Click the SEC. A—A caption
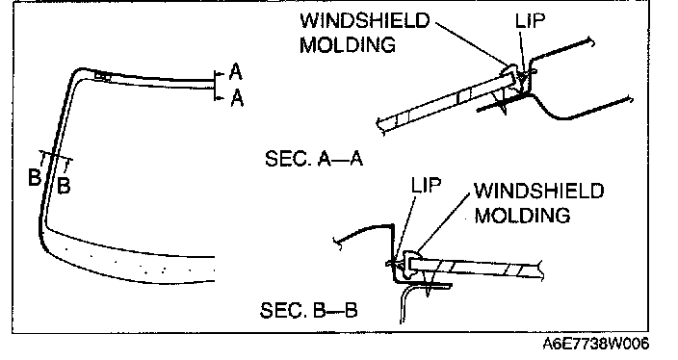pos(314,159)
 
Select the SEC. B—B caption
pos(309,310)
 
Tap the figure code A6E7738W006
pos(596,344)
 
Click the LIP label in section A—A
pos(530,20)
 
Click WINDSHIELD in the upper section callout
pos(365,20)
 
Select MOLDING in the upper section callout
pos(348,44)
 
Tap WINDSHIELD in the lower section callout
pos(538,191)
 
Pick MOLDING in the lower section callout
pos(522,215)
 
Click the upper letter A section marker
pos(235,72)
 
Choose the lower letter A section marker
pos(237,97)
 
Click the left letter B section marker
pos(34,177)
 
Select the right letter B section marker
pos(64,186)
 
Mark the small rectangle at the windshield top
pos(103,76)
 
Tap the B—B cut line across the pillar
pos(56,156)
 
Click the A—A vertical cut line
pos(215,86)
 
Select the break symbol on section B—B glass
pos(540,270)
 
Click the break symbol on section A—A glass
pos(381,126)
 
